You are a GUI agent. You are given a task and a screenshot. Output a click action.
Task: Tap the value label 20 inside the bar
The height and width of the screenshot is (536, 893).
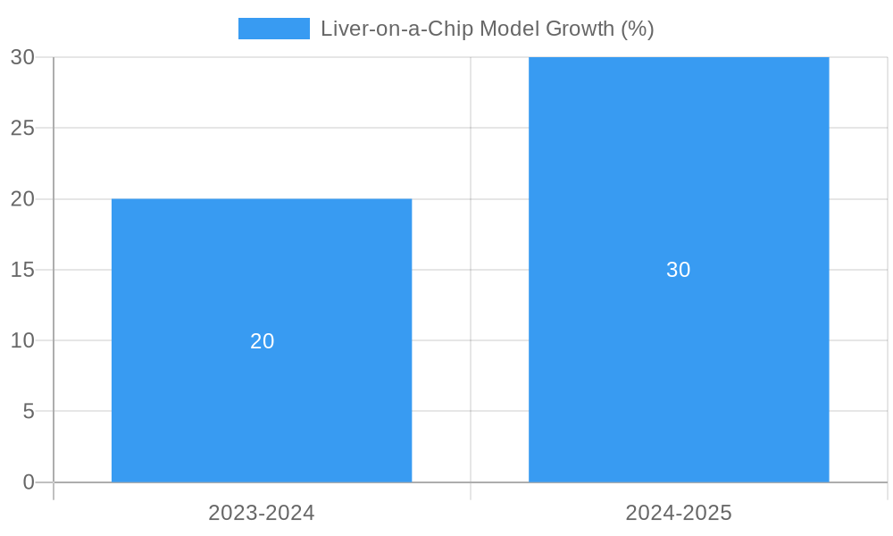click(x=262, y=341)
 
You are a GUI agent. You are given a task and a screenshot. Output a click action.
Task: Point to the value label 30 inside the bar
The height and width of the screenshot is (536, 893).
click(x=679, y=270)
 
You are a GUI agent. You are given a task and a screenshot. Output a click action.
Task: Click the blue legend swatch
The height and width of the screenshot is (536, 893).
click(x=273, y=29)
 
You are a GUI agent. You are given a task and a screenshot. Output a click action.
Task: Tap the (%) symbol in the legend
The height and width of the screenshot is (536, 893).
click(x=638, y=29)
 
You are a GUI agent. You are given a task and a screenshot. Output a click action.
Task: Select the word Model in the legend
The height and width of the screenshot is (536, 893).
click(x=508, y=29)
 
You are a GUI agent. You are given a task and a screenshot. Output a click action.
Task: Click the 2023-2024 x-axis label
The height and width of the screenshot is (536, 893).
click(x=262, y=513)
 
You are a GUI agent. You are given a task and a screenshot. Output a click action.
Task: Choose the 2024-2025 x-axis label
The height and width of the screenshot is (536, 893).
click(x=679, y=513)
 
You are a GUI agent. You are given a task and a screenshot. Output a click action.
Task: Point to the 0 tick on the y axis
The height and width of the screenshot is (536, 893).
click(x=28, y=482)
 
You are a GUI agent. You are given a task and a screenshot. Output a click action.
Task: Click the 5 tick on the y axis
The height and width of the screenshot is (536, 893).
click(x=28, y=412)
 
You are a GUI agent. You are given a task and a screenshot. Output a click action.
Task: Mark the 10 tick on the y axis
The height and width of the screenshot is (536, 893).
click(x=22, y=340)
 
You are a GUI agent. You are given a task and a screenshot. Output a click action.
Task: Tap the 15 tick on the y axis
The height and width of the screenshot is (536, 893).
click(x=22, y=270)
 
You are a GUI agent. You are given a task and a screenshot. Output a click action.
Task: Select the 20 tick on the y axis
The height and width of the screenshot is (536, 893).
click(x=22, y=199)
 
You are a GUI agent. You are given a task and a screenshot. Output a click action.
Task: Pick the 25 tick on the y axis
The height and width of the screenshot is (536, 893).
click(x=22, y=128)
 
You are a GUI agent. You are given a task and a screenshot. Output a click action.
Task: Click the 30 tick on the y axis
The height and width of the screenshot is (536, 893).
click(x=22, y=57)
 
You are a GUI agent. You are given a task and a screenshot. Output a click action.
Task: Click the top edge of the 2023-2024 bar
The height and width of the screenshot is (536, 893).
click(x=262, y=199)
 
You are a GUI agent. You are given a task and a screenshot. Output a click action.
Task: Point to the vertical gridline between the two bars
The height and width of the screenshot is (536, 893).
click(x=471, y=268)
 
